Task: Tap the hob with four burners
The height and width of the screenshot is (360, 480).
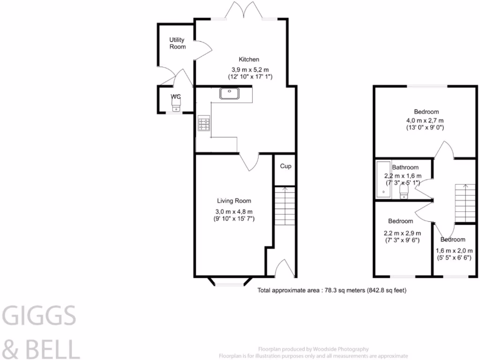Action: point(204,124)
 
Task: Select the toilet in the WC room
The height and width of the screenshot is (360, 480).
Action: point(176,107)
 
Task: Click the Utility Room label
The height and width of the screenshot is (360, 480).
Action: point(178,43)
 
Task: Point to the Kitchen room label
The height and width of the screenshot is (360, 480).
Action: point(249,60)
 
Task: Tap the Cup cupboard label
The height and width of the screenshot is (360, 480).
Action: point(285,166)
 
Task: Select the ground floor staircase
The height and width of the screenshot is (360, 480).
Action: point(284,207)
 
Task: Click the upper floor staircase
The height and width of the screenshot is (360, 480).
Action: point(465,203)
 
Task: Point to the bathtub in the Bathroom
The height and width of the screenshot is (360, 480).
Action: point(382,180)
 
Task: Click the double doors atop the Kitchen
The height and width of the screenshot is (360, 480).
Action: point(242,11)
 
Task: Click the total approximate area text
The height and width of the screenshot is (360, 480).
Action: point(332,291)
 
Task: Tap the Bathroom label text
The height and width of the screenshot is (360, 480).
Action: point(405,167)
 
